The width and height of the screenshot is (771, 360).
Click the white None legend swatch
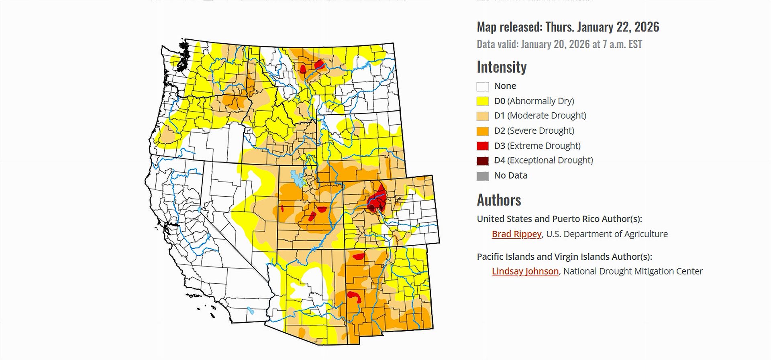click(x=483, y=86)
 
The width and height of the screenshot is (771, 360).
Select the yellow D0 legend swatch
click(x=483, y=101)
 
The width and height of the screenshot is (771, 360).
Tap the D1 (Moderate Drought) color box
click(x=483, y=116)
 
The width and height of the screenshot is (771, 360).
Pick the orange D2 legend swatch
click(x=483, y=131)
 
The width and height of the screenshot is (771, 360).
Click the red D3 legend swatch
click(x=483, y=146)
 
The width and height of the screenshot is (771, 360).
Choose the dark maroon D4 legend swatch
click(x=483, y=161)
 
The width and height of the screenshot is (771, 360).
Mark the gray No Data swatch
click(x=483, y=176)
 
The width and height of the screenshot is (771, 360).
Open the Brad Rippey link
click(x=516, y=234)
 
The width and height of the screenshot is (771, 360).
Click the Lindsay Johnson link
click(x=525, y=271)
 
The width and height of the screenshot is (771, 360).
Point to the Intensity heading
click(x=502, y=67)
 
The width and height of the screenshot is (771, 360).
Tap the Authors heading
click(x=499, y=200)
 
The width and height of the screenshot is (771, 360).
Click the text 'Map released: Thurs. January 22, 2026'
click(x=568, y=27)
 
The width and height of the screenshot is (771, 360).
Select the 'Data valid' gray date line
click(x=559, y=44)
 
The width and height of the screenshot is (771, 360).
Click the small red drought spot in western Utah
click(x=282, y=208)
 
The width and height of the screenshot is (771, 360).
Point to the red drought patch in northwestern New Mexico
click(x=359, y=256)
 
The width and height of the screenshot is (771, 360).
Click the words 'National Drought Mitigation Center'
click(x=633, y=271)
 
